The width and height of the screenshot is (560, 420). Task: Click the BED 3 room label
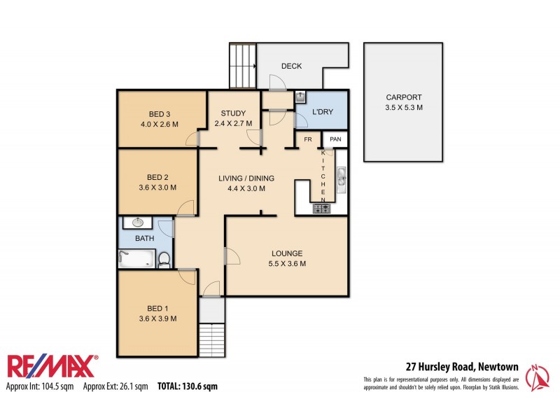click(160, 114)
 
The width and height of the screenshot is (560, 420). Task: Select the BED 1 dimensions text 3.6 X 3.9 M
click(157, 318)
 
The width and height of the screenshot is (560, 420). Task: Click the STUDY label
click(232, 114)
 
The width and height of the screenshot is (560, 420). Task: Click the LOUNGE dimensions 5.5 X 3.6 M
click(287, 264)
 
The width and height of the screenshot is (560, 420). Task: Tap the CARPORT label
click(405, 98)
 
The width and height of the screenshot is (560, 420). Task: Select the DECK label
click(291, 66)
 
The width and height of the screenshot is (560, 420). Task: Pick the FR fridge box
click(307, 139)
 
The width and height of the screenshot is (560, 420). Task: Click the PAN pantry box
click(336, 139)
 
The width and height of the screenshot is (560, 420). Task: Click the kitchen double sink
click(342, 180)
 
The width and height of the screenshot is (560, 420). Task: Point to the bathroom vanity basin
click(137, 223)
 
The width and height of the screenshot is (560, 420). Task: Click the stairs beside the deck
click(244, 65)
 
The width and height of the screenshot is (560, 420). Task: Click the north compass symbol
click(538, 377)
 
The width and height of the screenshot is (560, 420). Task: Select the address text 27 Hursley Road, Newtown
click(462, 366)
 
